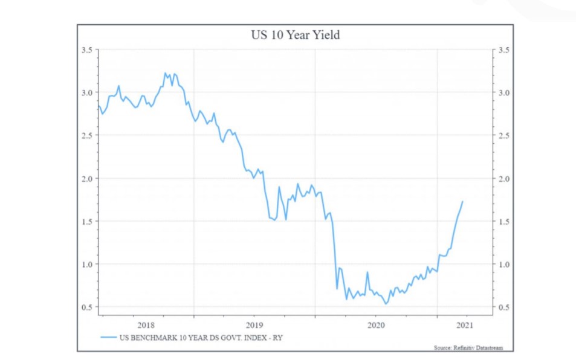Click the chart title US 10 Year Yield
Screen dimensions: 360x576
295,35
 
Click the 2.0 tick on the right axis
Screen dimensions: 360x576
503,179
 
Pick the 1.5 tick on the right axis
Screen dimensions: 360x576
503,222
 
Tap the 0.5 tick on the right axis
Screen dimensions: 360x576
503,307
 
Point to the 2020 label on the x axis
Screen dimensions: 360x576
375,326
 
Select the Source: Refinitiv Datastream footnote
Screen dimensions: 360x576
468,348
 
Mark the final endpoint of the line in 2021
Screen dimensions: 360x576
463,201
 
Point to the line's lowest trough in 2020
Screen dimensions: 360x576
386,304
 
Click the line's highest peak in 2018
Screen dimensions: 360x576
165,73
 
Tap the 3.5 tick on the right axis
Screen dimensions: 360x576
503,50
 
